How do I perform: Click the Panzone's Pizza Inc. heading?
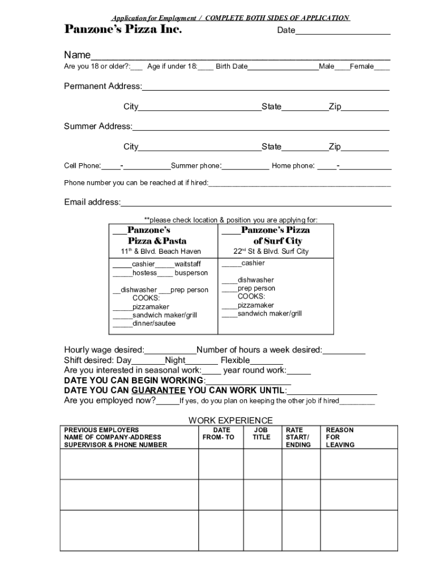(123, 29)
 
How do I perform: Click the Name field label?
(77, 55)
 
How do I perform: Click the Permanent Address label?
(102, 86)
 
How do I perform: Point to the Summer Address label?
(97, 126)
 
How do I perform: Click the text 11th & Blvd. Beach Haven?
(161, 251)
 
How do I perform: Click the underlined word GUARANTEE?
(159, 391)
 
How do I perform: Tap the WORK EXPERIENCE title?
(230, 420)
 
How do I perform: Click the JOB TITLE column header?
(262, 434)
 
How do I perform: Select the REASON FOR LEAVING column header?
(340, 437)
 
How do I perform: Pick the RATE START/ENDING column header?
(298, 437)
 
